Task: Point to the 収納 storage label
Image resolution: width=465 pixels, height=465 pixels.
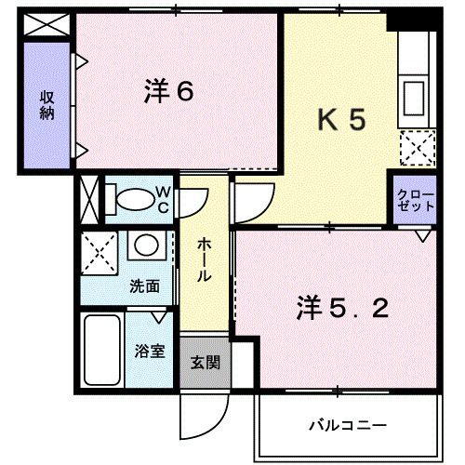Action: pyautogui.click(x=45, y=106)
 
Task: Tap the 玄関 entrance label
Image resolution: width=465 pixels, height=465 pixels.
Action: pyautogui.click(x=205, y=362)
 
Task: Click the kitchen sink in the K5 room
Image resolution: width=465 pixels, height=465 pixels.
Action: pyautogui.click(x=412, y=96)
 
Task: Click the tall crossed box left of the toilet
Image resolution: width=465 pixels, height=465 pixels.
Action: pyautogui.click(x=89, y=198)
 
